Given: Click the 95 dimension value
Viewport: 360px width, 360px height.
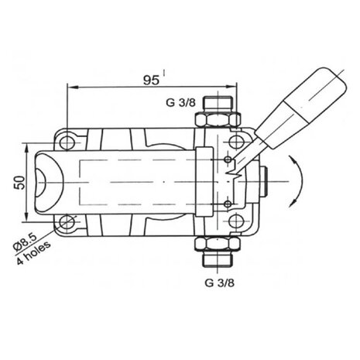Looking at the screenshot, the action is [x=151, y=81].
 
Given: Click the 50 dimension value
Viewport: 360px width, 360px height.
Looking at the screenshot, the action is [x=20, y=182].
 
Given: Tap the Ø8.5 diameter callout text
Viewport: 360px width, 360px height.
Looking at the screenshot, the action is [x=26, y=242].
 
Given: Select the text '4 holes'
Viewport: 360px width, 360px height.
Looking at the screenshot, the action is [x=33, y=252].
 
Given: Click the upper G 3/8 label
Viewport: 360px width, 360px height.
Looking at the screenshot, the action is [x=180, y=103].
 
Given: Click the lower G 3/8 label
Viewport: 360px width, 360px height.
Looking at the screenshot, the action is [x=220, y=283].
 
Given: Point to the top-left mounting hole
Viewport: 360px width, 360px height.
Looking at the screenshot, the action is [x=67, y=142].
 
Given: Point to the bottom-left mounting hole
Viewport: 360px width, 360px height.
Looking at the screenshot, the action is [x=67, y=221].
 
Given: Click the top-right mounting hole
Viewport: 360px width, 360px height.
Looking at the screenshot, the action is [x=236, y=142].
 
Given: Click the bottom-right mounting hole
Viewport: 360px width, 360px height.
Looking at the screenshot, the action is [x=236, y=222].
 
